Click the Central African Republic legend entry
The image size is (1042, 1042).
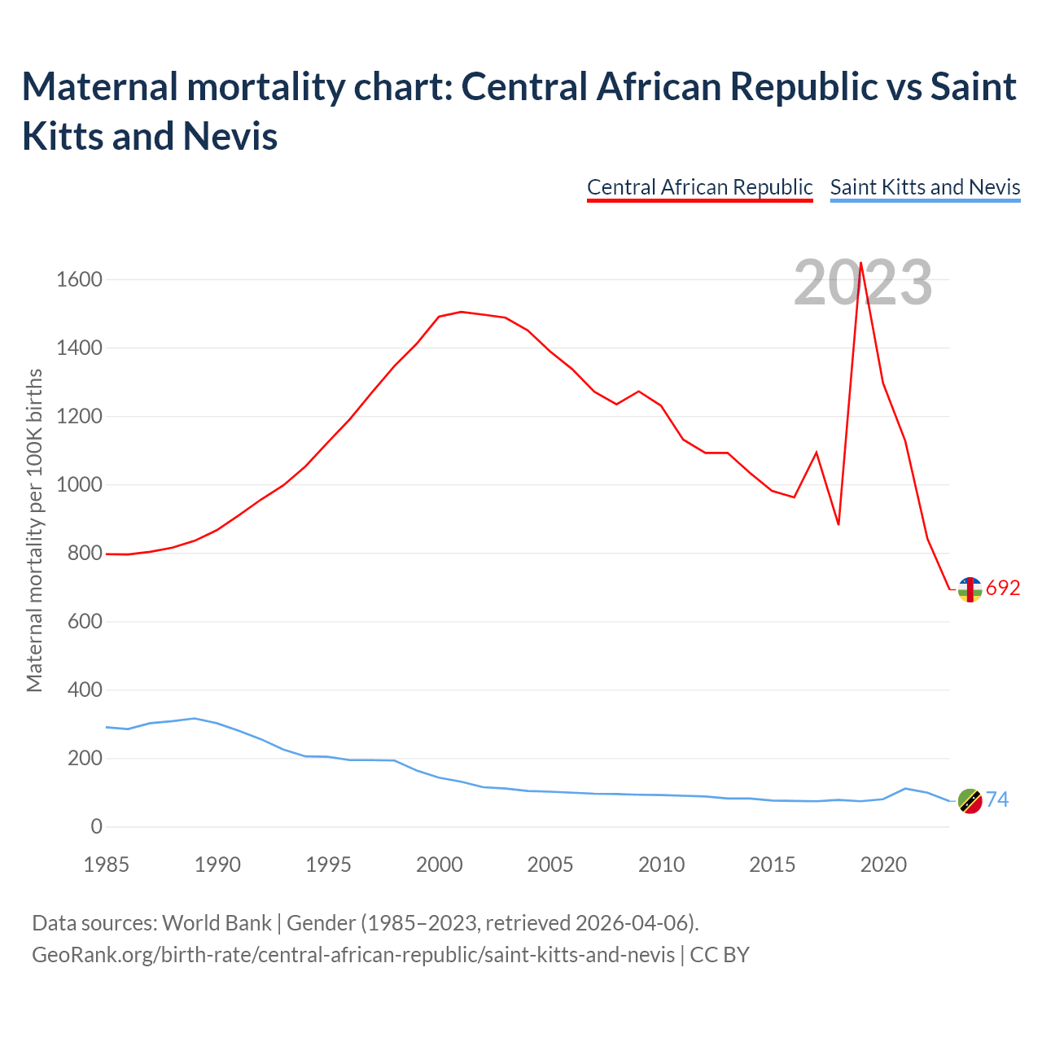pos(699,187)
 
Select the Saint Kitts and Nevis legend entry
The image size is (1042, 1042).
pos(925,187)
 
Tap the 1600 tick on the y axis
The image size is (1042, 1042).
pos(79,280)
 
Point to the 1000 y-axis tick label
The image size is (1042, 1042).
pos(79,485)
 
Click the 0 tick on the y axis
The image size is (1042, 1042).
pos(97,827)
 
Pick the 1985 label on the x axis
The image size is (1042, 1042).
pos(107,865)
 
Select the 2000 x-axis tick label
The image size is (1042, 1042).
pos(440,865)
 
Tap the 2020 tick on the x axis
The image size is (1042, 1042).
pos(883,865)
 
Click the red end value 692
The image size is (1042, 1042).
pos(1003,589)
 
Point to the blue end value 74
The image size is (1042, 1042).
pos(997,800)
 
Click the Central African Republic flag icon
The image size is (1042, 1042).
pos(970,589)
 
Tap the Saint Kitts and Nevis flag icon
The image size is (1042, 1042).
pos(970,801)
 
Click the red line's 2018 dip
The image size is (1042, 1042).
pos(838,524)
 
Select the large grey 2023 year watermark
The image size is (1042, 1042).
pos(863,283)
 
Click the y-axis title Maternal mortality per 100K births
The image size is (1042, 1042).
pos(34,531)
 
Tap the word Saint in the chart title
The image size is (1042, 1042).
pos(973,87)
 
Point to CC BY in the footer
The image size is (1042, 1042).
pos(720,954)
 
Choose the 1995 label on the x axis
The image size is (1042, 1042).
pos(328,865)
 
